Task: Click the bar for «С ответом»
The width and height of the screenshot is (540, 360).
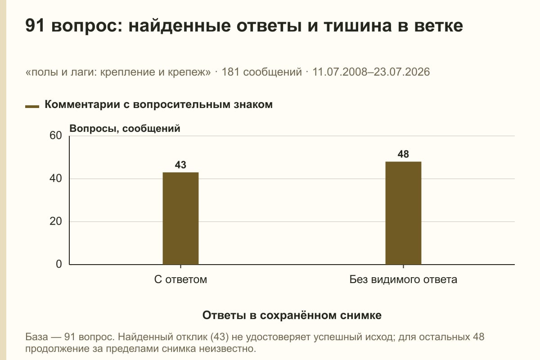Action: (x=180, y=218)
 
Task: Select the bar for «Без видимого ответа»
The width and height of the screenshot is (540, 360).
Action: (x=403, y=213)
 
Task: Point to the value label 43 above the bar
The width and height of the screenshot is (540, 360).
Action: (x=180, y=165)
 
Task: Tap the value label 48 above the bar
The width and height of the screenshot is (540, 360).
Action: (x=403, y=154)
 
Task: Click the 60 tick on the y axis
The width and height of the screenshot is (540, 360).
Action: (x=56, y=135)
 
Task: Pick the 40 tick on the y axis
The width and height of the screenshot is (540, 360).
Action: (x=56, y=179)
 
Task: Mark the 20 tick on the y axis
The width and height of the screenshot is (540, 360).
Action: (x=56, y=221)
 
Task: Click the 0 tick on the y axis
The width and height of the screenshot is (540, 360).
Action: (x=59, y=264)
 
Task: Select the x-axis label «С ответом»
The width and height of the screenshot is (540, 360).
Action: (x=180, y=280)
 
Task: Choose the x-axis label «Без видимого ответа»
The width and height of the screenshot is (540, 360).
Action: (x=403, y=280)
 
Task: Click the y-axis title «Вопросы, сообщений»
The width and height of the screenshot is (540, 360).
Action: (x=125, y=129)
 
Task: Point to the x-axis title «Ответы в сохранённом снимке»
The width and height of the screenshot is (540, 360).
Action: (x=292, y=315)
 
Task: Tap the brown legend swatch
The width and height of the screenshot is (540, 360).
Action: (x=32, y=107)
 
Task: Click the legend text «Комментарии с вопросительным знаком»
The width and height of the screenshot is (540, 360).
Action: (x=158, y=105)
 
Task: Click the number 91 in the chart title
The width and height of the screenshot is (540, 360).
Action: (x=35, y=26)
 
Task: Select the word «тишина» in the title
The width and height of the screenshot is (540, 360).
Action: (x=358, y=26)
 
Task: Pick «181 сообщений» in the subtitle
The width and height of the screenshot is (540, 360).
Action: (x=261, y=72)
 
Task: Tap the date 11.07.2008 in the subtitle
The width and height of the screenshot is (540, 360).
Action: (x=339, y=72)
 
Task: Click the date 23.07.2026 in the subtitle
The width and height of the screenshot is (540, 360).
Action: (x=402, y=72)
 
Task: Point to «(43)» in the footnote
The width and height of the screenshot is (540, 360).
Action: (x=220, y=337)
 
